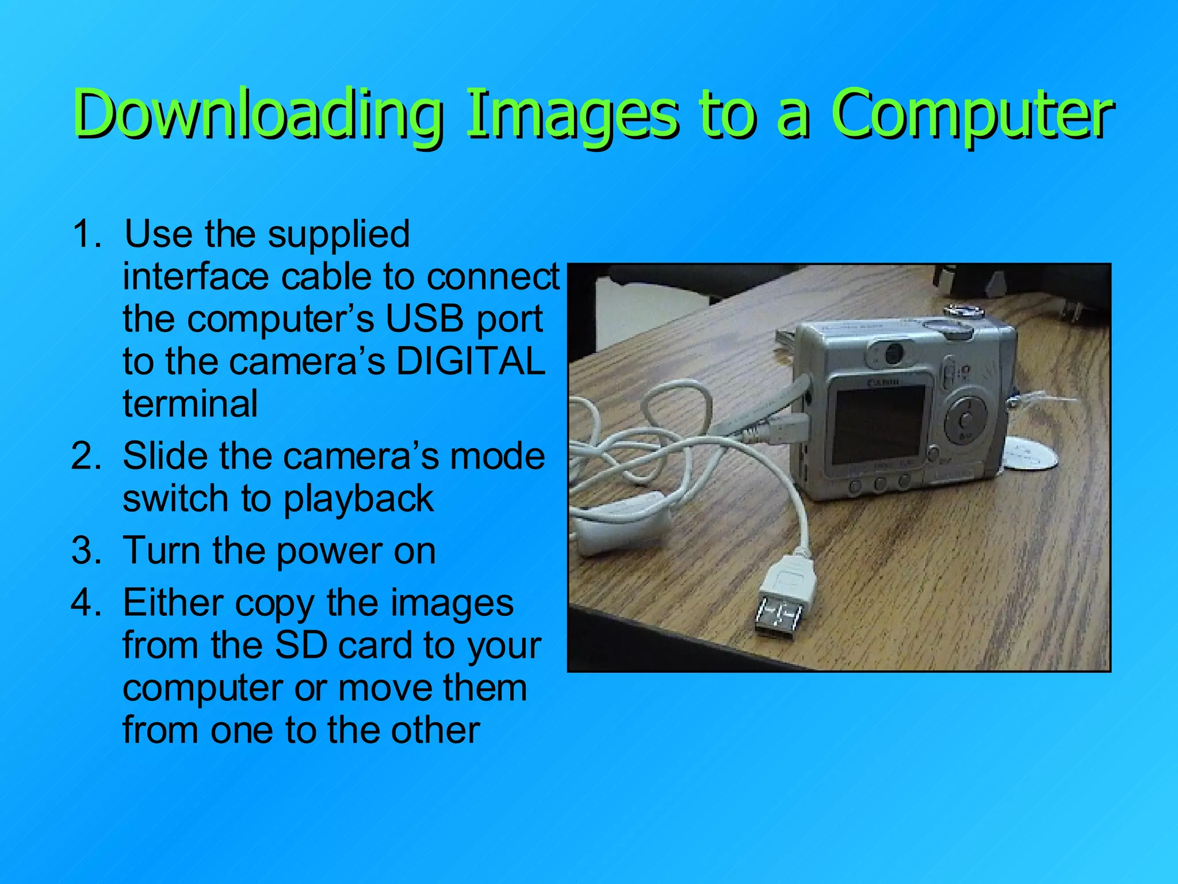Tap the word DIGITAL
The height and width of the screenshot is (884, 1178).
[x=471, y=361]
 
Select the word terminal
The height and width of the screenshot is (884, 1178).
[x=190, y=404]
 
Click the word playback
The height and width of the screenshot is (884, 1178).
[x=358, y=498]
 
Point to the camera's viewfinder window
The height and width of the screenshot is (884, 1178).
[x=892, y=353]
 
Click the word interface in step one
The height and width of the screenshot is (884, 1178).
[x=196, y=277]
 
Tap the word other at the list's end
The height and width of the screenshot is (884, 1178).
[x=435, y=731]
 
